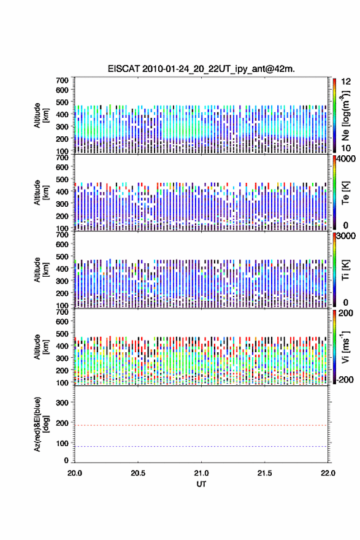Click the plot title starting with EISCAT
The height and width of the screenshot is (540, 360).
pyautogui.click(x=201, y=69)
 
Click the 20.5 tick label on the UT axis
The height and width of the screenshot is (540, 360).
pyautogui.click(x=138, y=473)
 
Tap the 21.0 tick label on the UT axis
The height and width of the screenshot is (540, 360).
pyautogui.click(x=201, y=473)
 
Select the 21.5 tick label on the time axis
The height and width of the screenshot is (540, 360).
pyautogui.click(x=265, y=473)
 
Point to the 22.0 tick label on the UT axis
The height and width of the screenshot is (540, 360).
pyautogui.click(x=328, y=473)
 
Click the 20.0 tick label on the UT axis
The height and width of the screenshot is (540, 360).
pyautogui.click(x=75, y=473)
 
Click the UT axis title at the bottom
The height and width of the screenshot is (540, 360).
pyautogui.click(x=201, y=484)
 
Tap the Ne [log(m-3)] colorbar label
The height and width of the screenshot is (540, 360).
pyautogui.click(x=345, y=116)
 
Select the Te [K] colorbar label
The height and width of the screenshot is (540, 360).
pyautogui.click(x=345, y=193)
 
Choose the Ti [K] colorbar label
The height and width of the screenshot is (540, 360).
pyautogui.click(x=345, y=269)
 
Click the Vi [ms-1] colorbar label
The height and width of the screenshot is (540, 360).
pyautogui.click(x=345, y=347)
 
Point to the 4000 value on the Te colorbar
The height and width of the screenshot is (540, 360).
pyautogui.click(x=346, y=159)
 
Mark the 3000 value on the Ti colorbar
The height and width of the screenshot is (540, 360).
pyautogui.click(x=346, y=236)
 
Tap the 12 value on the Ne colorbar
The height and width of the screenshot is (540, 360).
pyautogui.click(x=347, y=82)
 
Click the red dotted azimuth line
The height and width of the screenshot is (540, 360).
pyautogui.click(x=201, y=425)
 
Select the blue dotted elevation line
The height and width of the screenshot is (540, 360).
pyautogui.click(x=201, y=446)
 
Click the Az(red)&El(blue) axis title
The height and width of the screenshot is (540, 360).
pyautogui.click(x=41, y=424)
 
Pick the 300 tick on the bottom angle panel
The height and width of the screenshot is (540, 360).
pyautogui.click(x=62, y=403)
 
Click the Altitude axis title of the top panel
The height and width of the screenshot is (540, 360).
pyautogui.click(x=41, y=115)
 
